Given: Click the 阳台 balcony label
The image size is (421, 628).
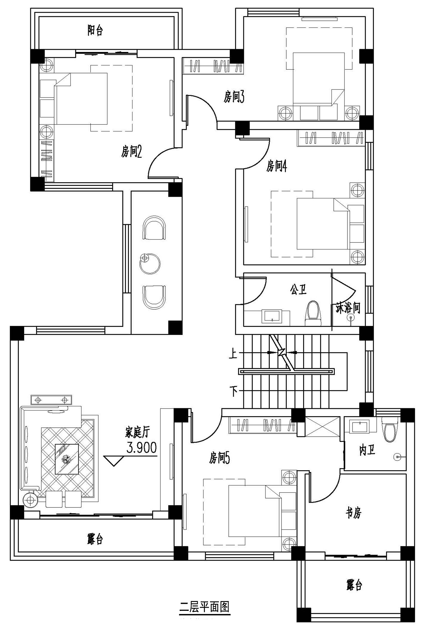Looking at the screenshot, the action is pos(95,30).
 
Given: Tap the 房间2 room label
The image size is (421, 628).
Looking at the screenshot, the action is pos(131,152).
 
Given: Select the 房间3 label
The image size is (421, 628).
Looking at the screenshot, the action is pos(234,97).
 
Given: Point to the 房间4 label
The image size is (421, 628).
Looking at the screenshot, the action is pos(276,166).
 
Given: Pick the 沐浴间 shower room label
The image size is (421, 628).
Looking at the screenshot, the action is pos(348,308).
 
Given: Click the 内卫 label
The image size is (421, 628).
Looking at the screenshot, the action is pos(367,451).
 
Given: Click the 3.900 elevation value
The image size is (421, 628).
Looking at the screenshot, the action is pos(141,448).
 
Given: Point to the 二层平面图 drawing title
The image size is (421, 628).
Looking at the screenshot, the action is pos(205,607).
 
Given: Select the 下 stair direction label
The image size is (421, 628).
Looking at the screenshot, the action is pos(234,391).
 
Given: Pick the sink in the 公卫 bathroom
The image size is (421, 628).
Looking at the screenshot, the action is pos(272,317).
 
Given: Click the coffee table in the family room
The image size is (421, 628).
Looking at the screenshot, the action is pos(67,459).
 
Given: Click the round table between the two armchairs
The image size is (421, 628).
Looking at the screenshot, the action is pos(150,264).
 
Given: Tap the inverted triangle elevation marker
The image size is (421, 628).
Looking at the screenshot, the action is pos(114,461).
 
